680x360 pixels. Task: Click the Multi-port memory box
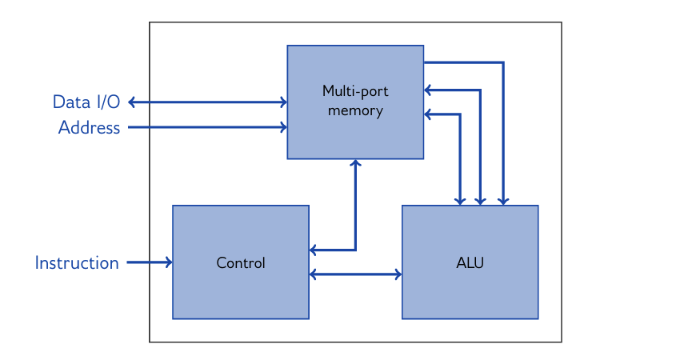click(355, 136)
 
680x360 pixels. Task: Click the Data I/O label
click(86, 102)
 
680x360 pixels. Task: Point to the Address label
click(89, 127)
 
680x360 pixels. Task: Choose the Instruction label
click(77, 262)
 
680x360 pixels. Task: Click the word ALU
click(470, 262)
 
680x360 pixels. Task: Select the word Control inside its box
click(241, 262)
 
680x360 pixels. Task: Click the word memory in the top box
click(355, 110)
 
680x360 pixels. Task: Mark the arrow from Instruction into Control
click(149, 262)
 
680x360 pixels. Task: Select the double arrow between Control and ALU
click(355, 274)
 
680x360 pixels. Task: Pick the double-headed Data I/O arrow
click(208, 102)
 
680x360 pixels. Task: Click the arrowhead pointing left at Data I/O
click(132, 102)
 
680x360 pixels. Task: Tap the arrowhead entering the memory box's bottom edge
click(356, 163)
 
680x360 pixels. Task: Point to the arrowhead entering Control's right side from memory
click(314, 250)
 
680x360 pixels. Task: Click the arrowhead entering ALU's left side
click(397, 274)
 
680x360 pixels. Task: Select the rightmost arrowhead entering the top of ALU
click(503, 201)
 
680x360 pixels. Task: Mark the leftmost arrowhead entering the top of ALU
click(460, 201)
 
